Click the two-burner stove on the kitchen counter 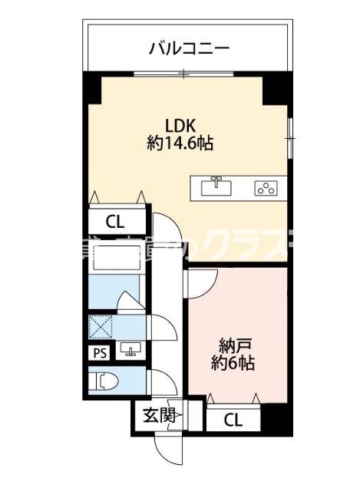click(266, 186)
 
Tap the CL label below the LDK click(115, 223)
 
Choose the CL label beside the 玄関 click(235, 420)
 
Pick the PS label click(99, 353)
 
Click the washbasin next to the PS click(130, 352)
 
